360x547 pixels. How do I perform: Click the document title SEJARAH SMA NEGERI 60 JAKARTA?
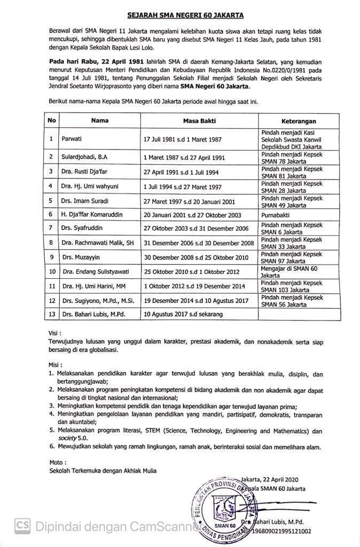tap(180, 17)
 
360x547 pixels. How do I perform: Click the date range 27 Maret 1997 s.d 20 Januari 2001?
tap(192, 200)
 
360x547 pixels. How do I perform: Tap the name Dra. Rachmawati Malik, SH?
tap(97, 243)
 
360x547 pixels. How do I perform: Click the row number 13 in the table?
tap(52, 315)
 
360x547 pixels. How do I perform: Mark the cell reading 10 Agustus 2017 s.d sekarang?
tap(183, 315)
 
